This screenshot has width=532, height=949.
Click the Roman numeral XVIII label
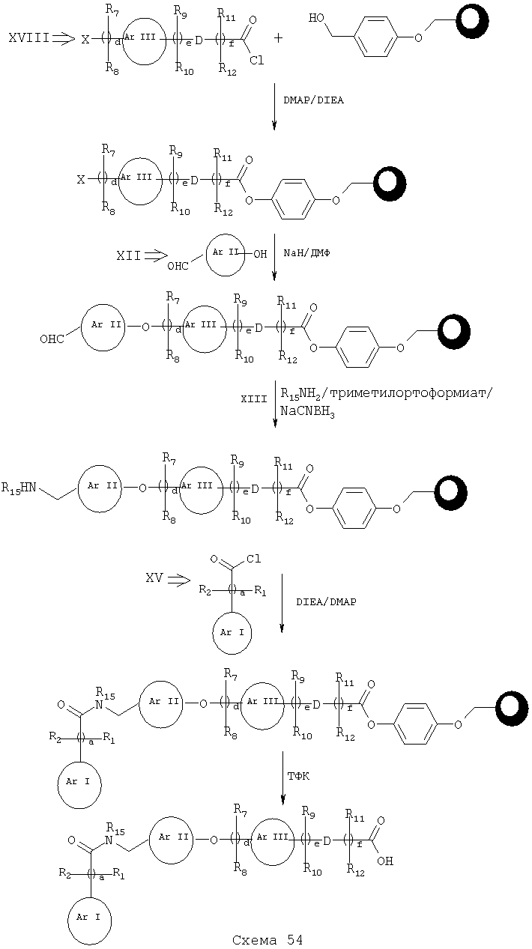coord(28,38)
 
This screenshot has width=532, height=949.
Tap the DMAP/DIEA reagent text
coord(313,100)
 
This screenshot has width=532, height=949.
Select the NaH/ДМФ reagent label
coord(306,253)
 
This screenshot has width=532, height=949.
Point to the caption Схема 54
coord(267,940)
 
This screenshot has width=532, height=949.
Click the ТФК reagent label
coord(299,777)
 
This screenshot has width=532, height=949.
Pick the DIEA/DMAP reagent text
coord(326,601)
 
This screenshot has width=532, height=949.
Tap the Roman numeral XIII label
coord(254,399)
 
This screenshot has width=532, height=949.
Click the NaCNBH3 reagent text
coord(307,412)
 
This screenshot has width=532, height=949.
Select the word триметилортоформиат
coord(409,394)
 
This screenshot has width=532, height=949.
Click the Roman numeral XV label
coord(154,578)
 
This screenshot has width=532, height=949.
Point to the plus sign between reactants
coord(278,38)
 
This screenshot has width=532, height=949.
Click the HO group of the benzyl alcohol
coord(317,19)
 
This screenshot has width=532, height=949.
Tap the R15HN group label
coord(19,488)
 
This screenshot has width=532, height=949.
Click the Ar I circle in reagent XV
coord(232,633)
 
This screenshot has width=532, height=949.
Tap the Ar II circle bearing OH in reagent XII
coord(226,253)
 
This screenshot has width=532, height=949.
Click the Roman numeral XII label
coord(128,255)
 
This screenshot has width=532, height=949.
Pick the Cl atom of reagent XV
coord(253,559)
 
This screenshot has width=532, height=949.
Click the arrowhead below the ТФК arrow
coord(282,798)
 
